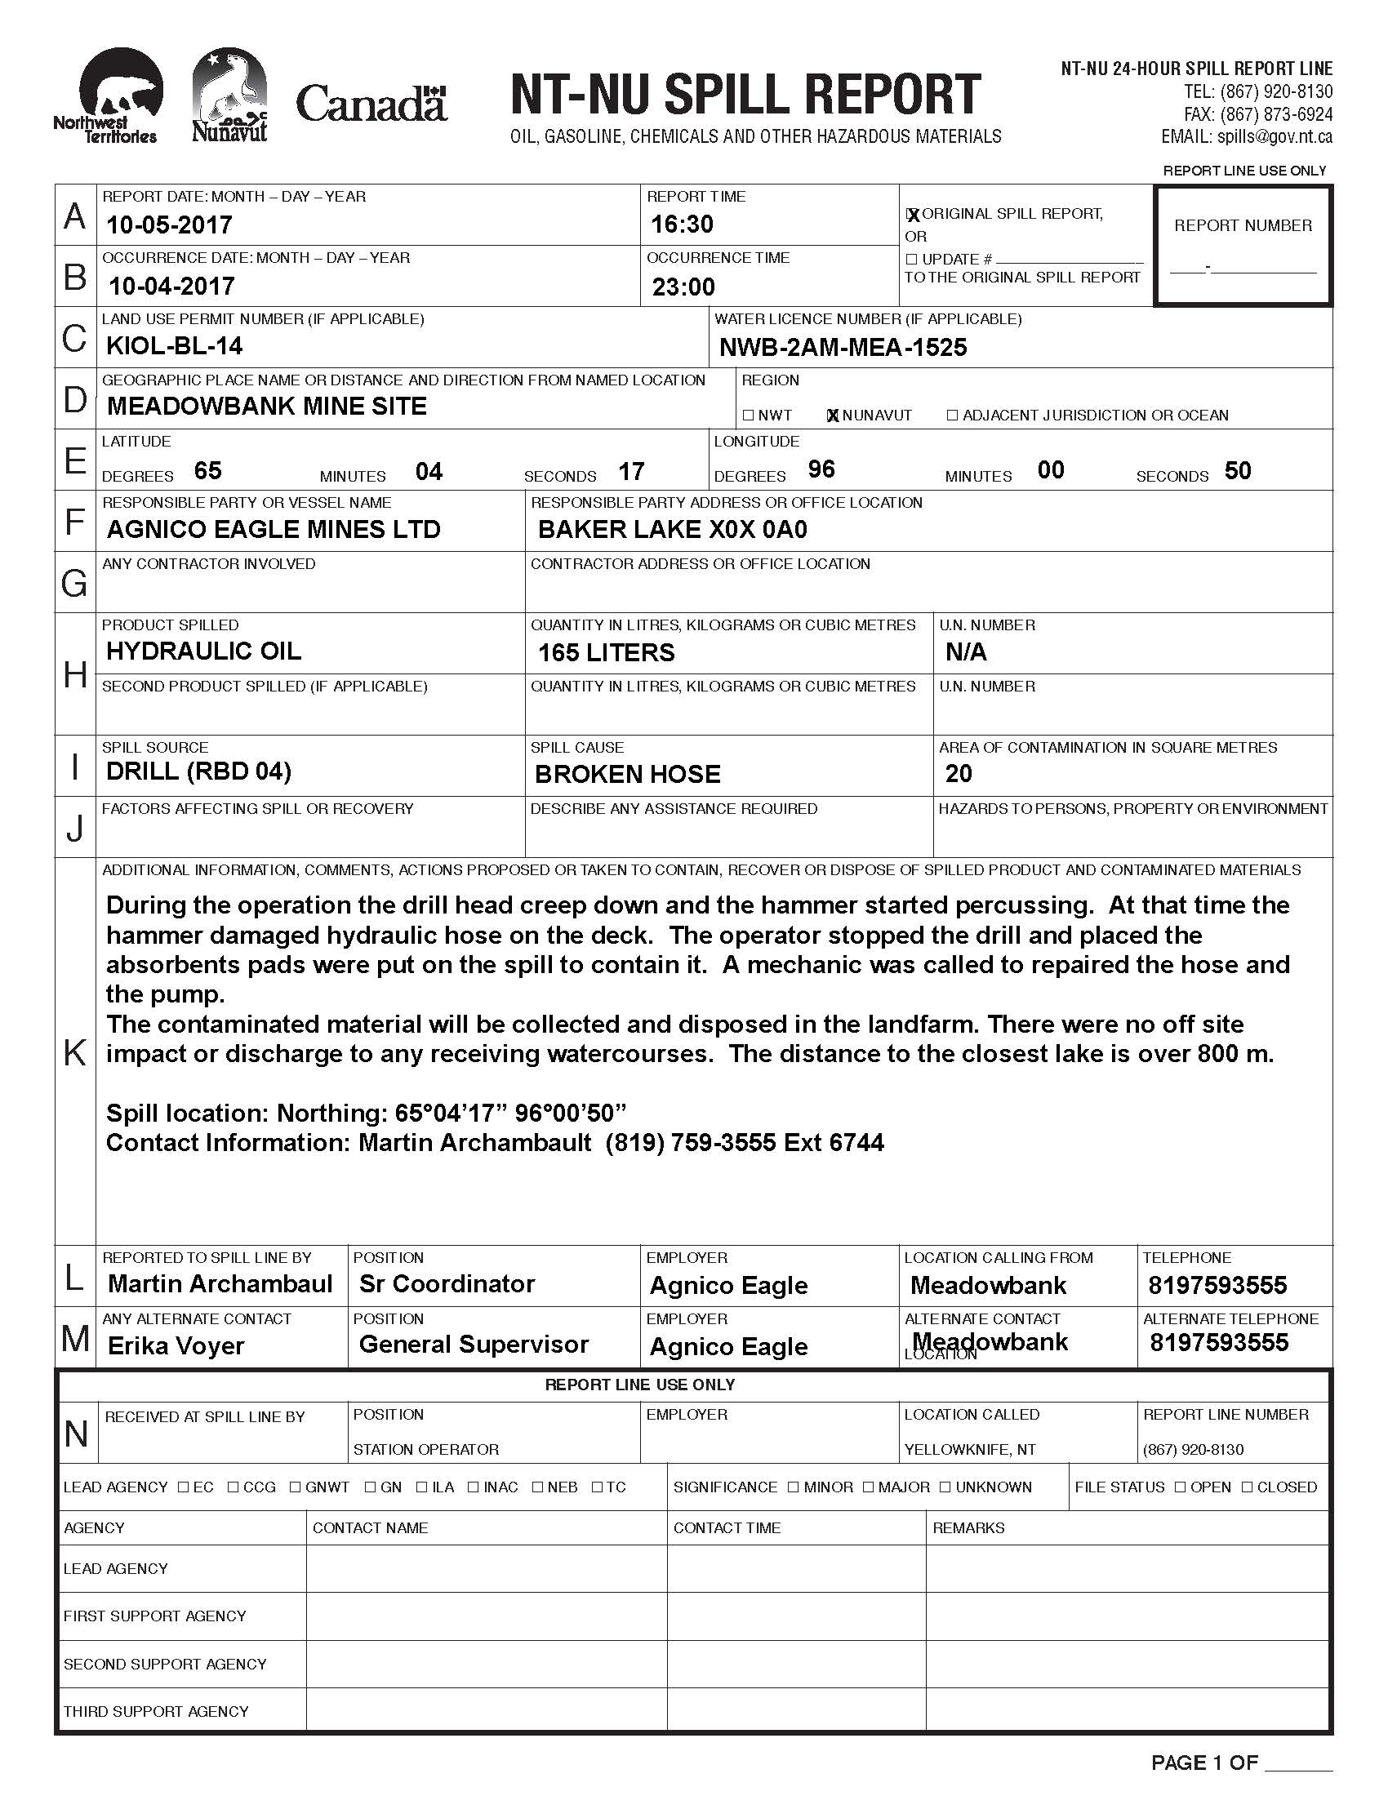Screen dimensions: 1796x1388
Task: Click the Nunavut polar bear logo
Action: (x=229, y=95)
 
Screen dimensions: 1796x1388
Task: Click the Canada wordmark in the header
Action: (x=371, y=104)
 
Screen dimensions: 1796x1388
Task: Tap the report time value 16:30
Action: (x=682, y=224)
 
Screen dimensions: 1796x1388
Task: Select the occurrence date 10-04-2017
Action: (x=171, y=287)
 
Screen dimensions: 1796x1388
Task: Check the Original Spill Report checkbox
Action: (x=912, y=216)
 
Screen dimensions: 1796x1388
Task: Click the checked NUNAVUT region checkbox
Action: (x=833, y=416)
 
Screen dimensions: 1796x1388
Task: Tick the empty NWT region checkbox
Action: (x=748, y=416)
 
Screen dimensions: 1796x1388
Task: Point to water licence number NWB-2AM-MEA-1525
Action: (x=843, y=348)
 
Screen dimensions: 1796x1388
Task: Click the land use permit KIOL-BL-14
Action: (x=175, y=346)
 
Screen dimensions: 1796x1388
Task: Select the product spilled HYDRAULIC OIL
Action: (x=203, y=651)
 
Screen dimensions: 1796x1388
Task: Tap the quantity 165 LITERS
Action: (x=606, y=653)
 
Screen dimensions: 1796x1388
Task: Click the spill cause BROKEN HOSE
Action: (x=627, y=774)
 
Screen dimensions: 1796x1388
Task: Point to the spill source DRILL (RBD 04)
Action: (x=198, y=771)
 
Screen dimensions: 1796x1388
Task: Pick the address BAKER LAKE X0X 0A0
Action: (x=672, y=530)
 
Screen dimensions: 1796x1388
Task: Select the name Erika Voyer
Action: (x=176, y=1346)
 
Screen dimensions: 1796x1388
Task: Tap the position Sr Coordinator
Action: (x=447, y=1283)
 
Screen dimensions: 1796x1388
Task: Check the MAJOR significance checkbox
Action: (x=870, y=1487)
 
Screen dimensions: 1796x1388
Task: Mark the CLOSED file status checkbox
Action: (x=1248, y=1487)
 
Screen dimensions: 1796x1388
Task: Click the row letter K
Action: (x=75, y=1051)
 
